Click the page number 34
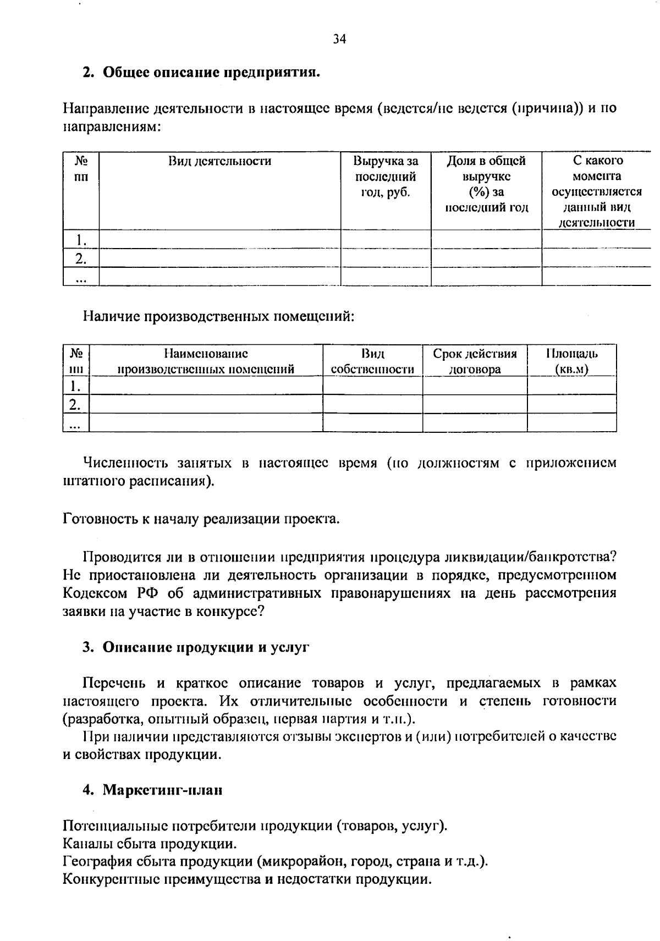pyautogui.click(x=339, y=39)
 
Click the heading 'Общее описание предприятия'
pyautogui.click(x=211, y=72)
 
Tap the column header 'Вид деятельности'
pyautogui.click(x=219, y=161)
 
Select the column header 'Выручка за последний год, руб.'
pyautogui.click(x=386, y=177)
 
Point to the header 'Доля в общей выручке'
pyautogui.click(x=486, y=168)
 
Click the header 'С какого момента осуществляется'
pyautogui.click(x=597, y=176)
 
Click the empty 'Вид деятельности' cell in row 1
pyautogui.click(x=219, y=239)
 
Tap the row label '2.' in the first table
pyautogui.click(x=81, y=258)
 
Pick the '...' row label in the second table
pyautogui.click(x=76, y=423)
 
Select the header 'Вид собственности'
pyautogui.click(x=372, y=361)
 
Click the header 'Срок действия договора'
pyautogui.click(x=475, y=361)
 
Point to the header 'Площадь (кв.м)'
pyautogui.click(x=571, y=361)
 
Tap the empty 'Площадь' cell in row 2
pyautogui.click(x=571, y=404)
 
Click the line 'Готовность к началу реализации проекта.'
pyautogui.click(x=202, y=519)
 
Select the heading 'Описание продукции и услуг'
pyautogui.click(x=206, y=647)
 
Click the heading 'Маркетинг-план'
pyautogui.click(x=163, y=790)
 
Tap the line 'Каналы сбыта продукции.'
pyautogui.click(x=150, y=843)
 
